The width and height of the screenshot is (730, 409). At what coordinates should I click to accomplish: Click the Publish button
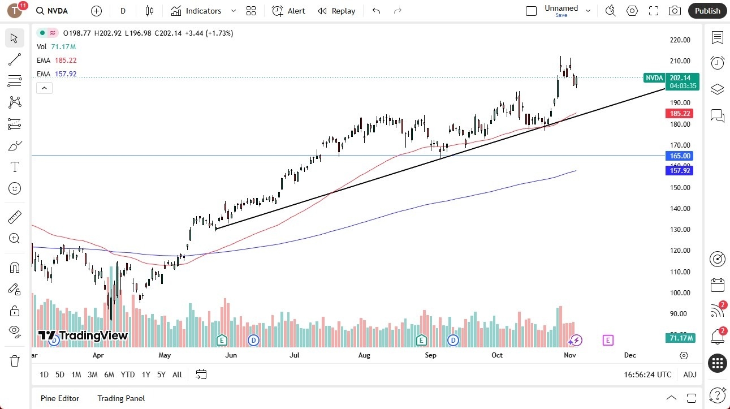[x=707, y=11]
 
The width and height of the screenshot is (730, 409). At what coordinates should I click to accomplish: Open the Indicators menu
[x=203, y=11]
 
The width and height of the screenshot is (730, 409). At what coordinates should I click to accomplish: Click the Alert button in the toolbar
[x=288, y=11]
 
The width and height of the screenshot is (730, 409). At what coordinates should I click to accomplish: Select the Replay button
[x=336, y=11]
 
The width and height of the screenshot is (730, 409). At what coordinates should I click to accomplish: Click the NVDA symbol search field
[x=57, y=11]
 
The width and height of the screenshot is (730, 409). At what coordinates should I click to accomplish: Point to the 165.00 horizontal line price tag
[x=680, y=156]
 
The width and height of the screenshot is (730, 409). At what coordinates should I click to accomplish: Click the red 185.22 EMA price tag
[x=680, y=113]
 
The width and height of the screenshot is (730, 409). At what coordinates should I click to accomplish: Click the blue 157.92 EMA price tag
[x=680, y=170]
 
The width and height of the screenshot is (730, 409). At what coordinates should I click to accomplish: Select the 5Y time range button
[x=161, y=374]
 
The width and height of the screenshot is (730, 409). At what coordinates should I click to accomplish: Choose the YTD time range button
[x=128, y=374]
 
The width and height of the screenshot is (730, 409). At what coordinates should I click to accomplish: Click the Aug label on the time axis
[x=364, y=355]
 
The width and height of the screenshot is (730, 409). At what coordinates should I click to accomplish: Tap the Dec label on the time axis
[x=630, y=355]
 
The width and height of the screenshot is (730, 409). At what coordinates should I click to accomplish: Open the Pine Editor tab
[x=60, y=398]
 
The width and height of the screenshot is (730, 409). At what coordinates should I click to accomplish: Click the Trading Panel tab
[x=121, y=398]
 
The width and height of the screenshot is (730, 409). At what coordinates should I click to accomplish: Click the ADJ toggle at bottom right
[x=690, y=374]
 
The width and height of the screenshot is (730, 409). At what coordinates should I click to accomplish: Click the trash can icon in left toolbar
[x=15, y=361]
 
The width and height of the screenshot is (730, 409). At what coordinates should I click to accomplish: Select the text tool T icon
[x=15, y=167]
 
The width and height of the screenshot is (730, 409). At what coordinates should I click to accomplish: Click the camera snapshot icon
[x=675, y=11]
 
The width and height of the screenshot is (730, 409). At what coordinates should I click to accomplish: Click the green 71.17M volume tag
[x=680, y=338]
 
